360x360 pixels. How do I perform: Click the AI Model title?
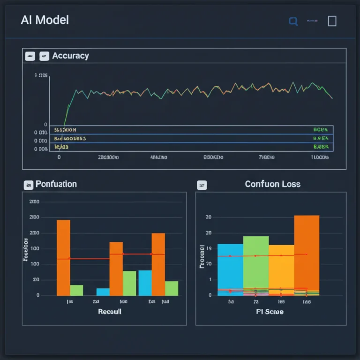click(x=45, y=20)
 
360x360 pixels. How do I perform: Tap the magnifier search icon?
click(x=293, y=21)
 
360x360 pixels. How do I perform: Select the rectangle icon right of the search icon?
click(x=332, y=21)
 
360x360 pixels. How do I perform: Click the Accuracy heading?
click(x=70, y=56)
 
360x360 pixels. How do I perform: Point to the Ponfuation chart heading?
click(x=56, y=184)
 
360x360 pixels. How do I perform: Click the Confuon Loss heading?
click(x=272, y=184)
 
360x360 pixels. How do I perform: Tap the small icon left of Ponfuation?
click(x=28, y=185)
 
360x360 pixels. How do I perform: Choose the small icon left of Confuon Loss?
click(x=202, y=185)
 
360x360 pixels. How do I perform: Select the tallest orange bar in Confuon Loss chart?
click(x=307, y=253)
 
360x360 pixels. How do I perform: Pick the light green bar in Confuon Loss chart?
click(x=256, y=265)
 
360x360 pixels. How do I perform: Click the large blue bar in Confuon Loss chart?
click(x=230, y=269)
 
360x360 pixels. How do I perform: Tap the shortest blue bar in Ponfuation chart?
click(x=103, y=292)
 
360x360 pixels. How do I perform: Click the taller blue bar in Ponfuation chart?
click(x=145, y=283)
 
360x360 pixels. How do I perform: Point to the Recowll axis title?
click(x=110, y=312)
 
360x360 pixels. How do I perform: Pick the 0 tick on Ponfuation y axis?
click(x=37, y=295)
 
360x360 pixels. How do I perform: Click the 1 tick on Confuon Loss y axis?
click(x=210, y=280)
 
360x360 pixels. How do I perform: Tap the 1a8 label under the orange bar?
click(x=306, y=302)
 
